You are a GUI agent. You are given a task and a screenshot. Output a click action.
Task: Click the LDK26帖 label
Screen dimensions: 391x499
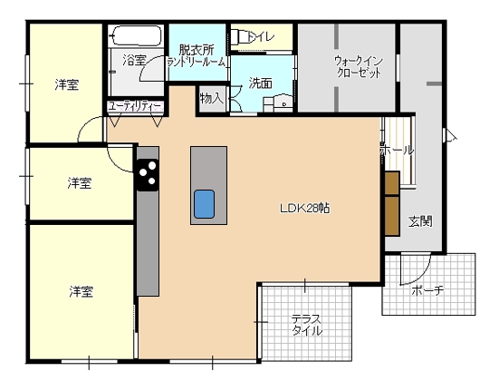tap(303, 208)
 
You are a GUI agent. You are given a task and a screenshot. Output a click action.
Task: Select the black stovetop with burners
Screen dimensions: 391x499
tap(148, 172)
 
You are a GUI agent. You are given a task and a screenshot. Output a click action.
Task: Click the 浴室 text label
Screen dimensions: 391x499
tap(134, 61)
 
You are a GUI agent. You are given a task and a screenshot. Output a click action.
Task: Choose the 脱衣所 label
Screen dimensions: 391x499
tap(196, 50)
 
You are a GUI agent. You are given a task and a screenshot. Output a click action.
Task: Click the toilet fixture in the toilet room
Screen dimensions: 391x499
tap(239, 37)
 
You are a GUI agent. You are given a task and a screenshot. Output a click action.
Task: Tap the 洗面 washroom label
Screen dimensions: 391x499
tap(261, 83)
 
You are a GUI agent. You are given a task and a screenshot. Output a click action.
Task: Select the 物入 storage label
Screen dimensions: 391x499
tap(211, 97)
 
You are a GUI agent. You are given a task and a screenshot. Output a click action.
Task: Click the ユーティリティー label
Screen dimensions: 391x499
tap(135, 107)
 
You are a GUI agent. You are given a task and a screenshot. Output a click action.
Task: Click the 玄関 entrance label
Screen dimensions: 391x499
tap(419, 220)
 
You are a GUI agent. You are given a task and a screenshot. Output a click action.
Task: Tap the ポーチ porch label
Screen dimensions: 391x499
tap(427, 291)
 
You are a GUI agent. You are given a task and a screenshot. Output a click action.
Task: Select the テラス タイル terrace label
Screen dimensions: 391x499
tap(306, 325)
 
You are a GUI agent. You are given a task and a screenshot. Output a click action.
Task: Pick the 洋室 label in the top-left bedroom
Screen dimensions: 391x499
tap(66, 84)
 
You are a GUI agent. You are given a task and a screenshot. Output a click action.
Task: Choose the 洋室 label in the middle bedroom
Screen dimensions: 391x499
tap(80, 183)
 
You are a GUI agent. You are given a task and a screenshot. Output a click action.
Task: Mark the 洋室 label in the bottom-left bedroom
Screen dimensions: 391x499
tap(82, 291)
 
